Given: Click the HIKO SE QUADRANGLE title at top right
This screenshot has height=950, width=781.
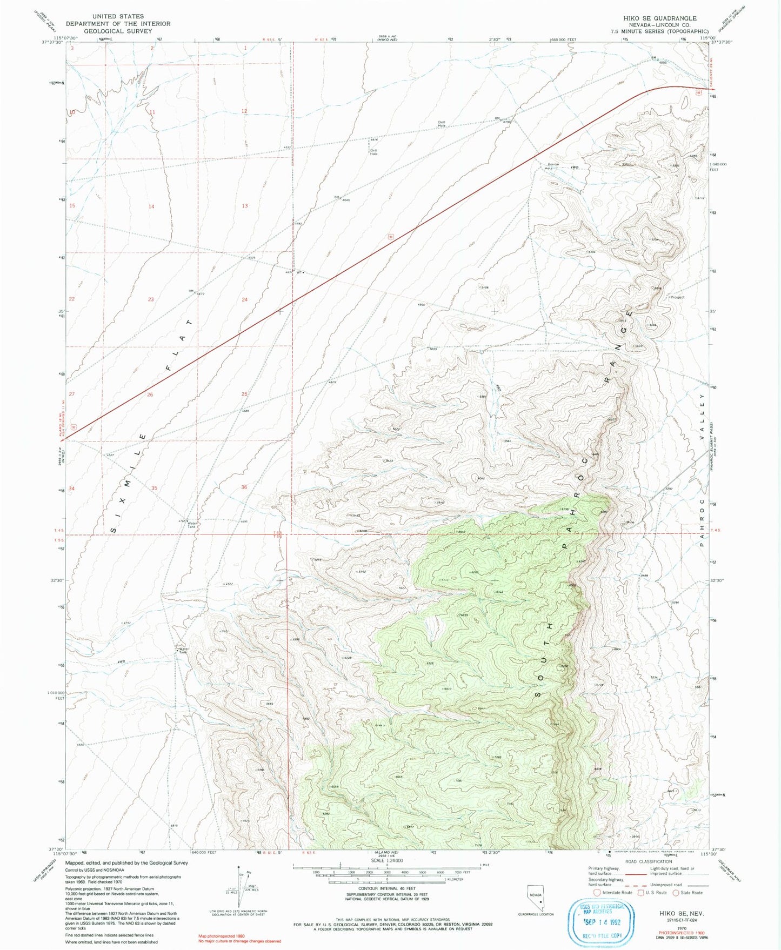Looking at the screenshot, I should point(659,18).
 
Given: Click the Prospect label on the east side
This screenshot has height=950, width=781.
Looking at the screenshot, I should point(677,297).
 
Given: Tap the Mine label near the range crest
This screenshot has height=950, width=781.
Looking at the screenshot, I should point(629,522).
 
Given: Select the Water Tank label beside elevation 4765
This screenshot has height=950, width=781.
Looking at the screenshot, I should point(192,524).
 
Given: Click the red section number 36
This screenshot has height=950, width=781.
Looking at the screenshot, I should point(244,487).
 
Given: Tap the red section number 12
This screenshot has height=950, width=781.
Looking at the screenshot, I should point(244,111).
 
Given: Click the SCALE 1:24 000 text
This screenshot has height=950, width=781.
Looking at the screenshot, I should point(386,861).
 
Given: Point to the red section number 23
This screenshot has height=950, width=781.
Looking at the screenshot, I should point(151,299).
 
